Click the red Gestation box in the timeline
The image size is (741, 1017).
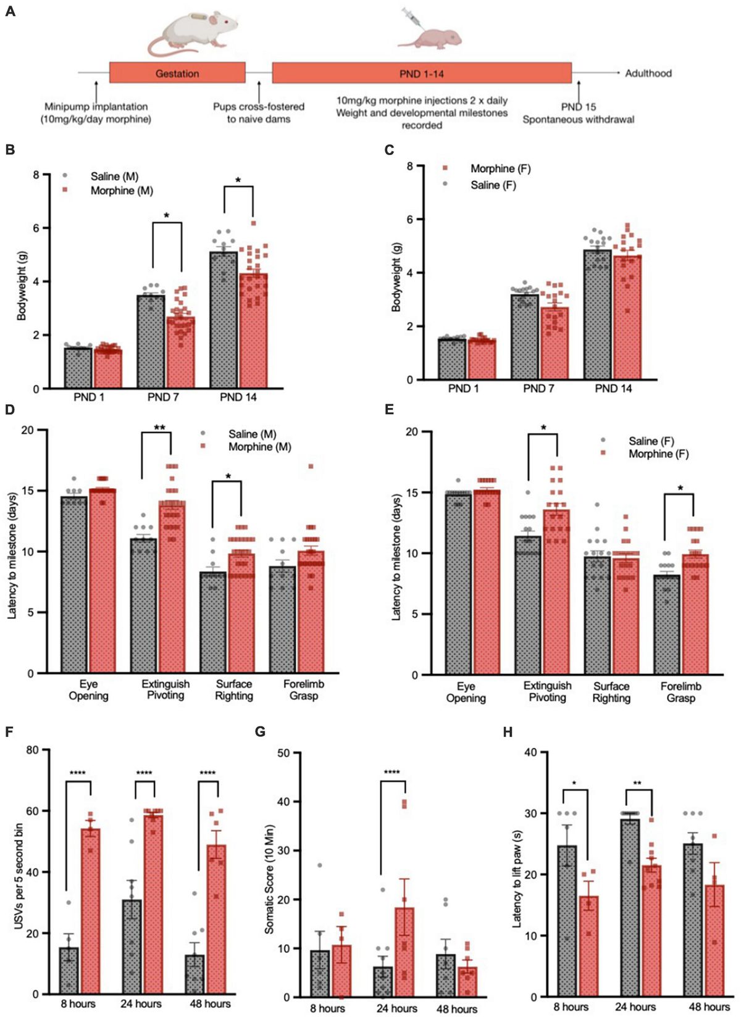coord(177,73)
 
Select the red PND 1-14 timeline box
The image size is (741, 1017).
coord(422,73)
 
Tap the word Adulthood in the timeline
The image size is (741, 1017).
coord(648,73)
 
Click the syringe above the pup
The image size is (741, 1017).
coord(412,17)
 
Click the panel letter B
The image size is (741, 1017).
coord(9,149)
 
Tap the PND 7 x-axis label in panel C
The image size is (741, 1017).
coord(538,389)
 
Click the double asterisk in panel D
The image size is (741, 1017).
coord(160,428)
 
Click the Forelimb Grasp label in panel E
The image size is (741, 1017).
coord(680,692)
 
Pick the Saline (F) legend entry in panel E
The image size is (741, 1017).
coord(651,441)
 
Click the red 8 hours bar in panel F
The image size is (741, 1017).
coord(90,911)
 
